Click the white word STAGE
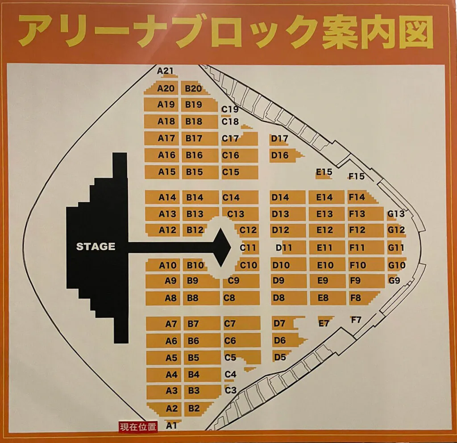click(96, 247)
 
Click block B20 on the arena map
click(193, 88)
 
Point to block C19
click(230, 109)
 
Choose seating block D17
click(280, 139)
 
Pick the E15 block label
click(324, 172)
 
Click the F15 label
click(357, 176)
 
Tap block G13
click(396, 214)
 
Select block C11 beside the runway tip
click(248, 248)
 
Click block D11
click(284, 247)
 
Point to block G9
click(395, 281)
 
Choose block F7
click(356, 320)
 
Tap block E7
click(324, 323)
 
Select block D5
click(280, 357)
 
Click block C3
click(230, 390)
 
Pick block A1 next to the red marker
click(170, 426)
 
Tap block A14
click(167, 197)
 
